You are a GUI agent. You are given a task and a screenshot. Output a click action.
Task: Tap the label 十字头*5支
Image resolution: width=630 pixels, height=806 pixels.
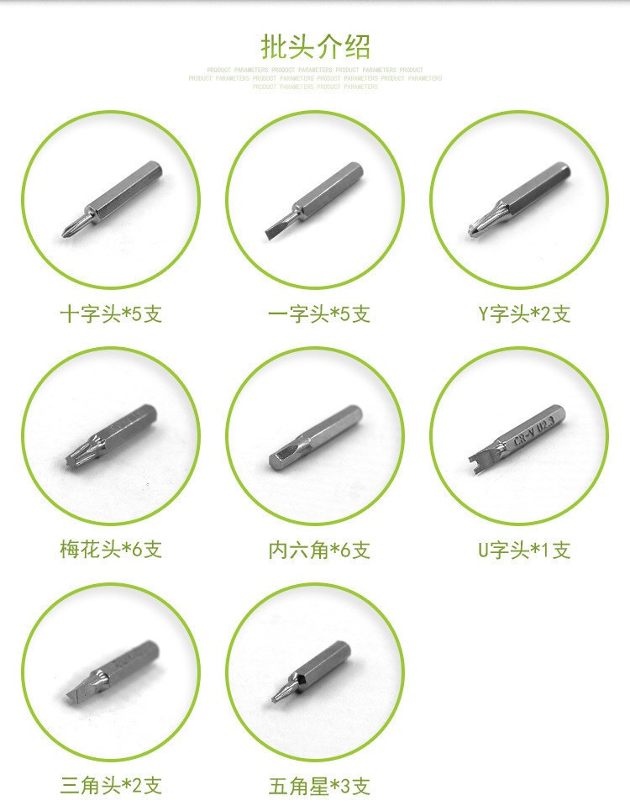pyautogui.click(x=111, y=314)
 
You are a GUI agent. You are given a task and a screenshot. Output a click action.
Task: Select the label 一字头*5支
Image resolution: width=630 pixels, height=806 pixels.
pyautogui.click(x=319, y=314)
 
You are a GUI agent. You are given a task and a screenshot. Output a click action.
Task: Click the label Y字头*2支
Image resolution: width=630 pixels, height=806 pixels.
pyautogui.click(x=524, y=314)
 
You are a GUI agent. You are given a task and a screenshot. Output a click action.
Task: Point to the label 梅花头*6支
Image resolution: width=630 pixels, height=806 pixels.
pyautogui.click(x=111, y=550)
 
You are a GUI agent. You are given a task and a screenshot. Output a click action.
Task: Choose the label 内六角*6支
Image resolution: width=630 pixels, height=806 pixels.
pyautogui.click(x=319, y=550)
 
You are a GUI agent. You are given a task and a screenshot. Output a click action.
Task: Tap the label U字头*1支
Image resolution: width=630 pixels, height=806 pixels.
pyautogui.click(x=524, y=550)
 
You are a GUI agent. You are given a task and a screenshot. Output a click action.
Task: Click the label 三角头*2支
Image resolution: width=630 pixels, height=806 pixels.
pyautogui.click(x=111, y=786)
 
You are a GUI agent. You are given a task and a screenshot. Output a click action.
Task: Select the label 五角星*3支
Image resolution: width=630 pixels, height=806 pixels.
pyautogui.click(x=319, y=786)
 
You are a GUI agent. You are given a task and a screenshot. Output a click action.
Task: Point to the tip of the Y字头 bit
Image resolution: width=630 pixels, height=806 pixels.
pyautogui.click(x=472, y=227)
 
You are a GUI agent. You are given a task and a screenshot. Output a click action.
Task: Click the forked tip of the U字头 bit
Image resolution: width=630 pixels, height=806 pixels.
pyautogui.click(x=471, y=457)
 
